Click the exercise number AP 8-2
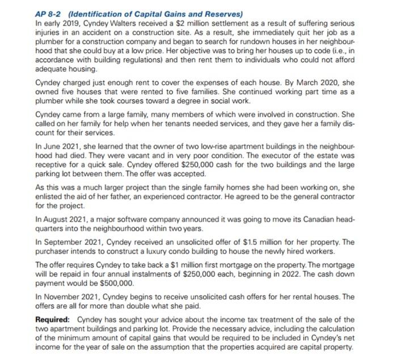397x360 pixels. (x=50, y=14)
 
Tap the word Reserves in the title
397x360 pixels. (x=222, y=14)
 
